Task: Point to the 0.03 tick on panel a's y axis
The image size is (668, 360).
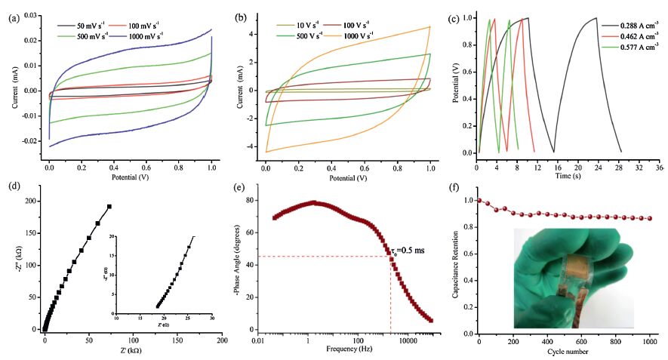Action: tap(32, 15)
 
